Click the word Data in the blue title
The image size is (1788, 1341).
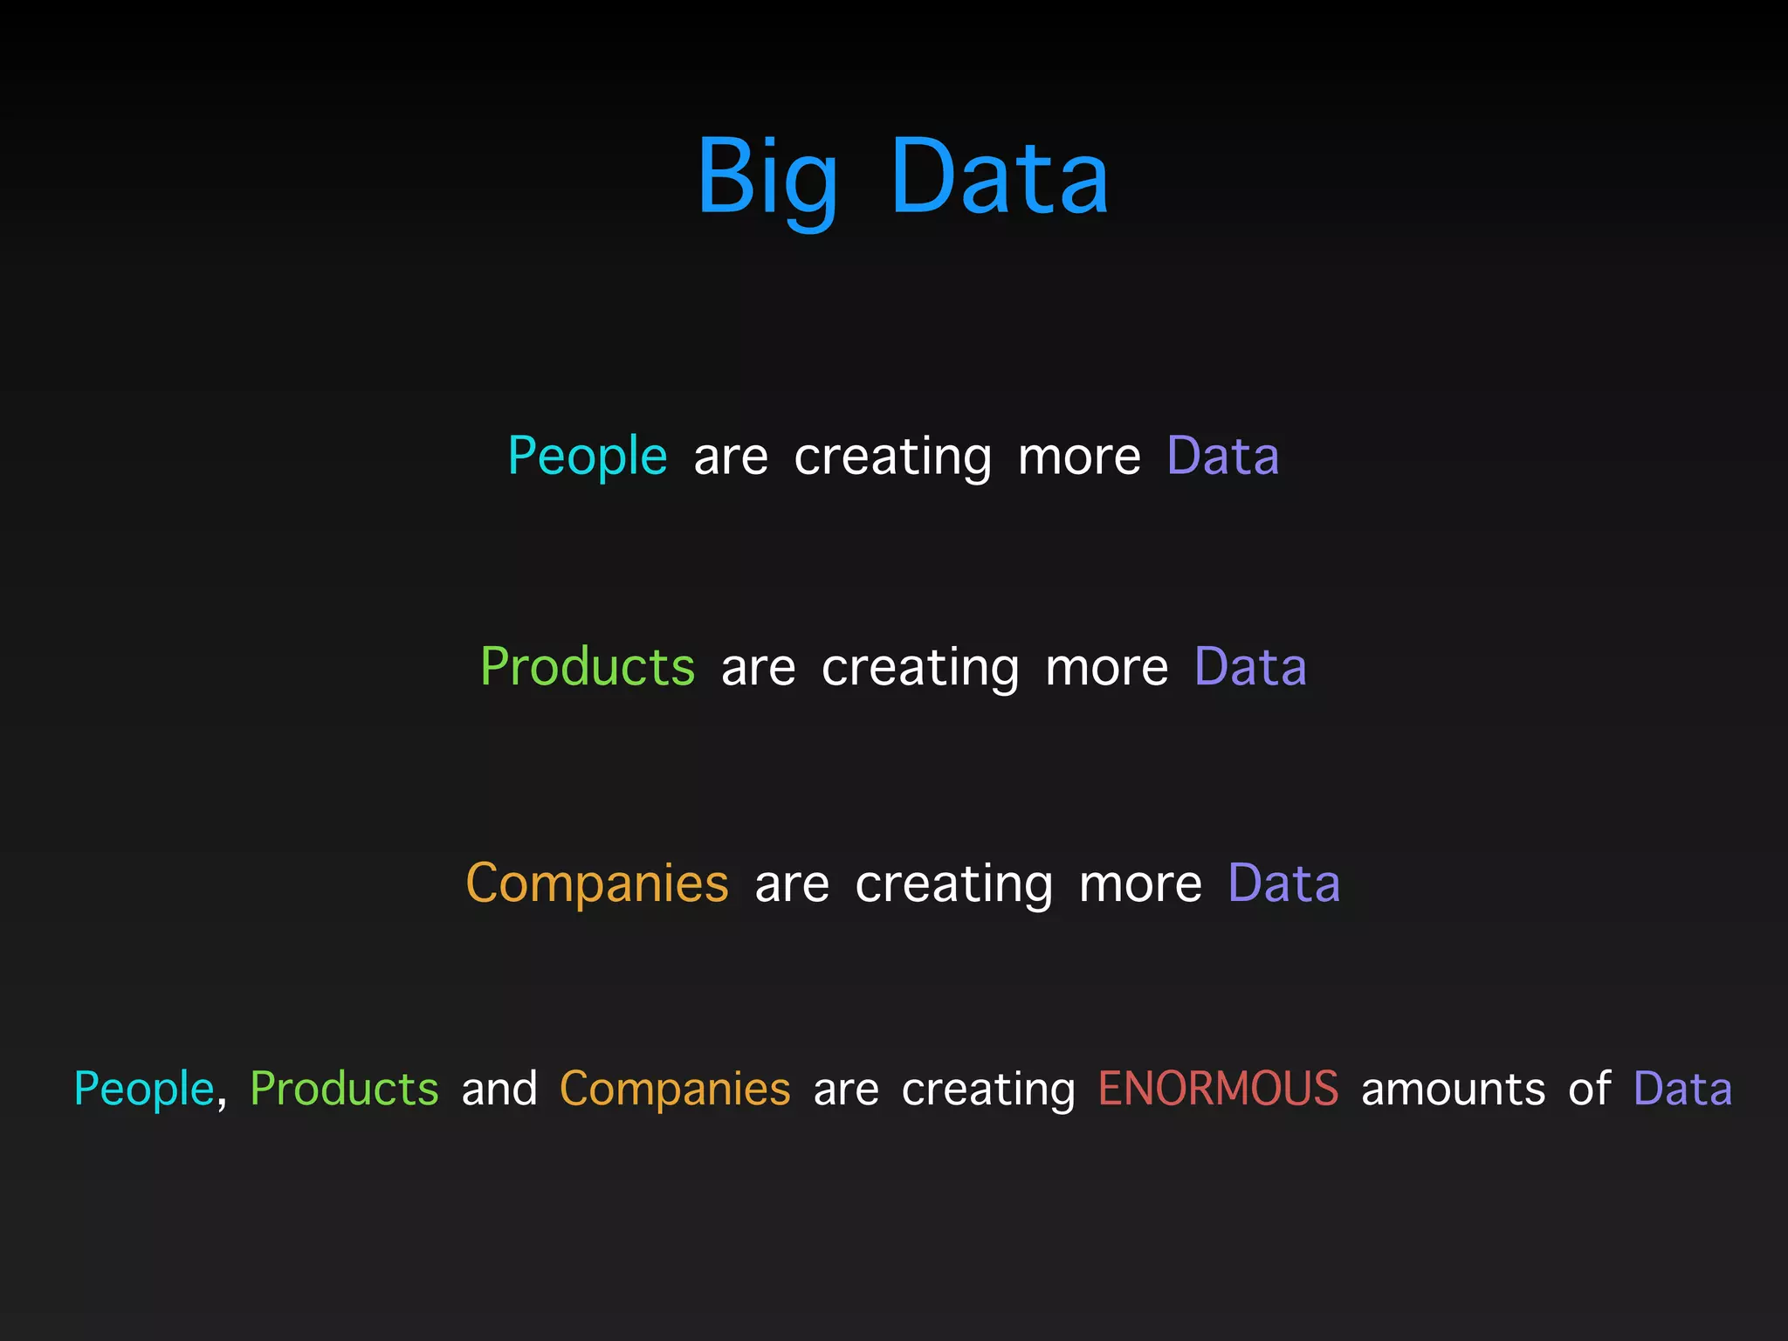pyautogui.click(x=999, y=178)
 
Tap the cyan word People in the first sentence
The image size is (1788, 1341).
pyautogui.click(x=588, y=457)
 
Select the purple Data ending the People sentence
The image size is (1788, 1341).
pyautogui.click(x=1222, y=457)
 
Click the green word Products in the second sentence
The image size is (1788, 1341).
pyautogui.click(x=588, y=668)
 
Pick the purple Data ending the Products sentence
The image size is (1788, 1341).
pyautogui.click(x=1250, y=668)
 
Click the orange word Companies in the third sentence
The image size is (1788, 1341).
pyautogui.click(x=597, y=884)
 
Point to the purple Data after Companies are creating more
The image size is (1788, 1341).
pyautogui.click(x=1283, y=884)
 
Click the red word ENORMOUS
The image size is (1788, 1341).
pyautogui.click(x=1218, y=1089)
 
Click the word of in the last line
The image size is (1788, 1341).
pyautogui.click(x=1589, y=1089)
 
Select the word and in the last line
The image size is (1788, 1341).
pyautogui.click(x=499, y=1089)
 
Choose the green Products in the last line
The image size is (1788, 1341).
pyautogui.click(x=344, y=1089)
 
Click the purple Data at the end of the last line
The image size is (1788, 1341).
pyautogui.click(x=1682, y=1089)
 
